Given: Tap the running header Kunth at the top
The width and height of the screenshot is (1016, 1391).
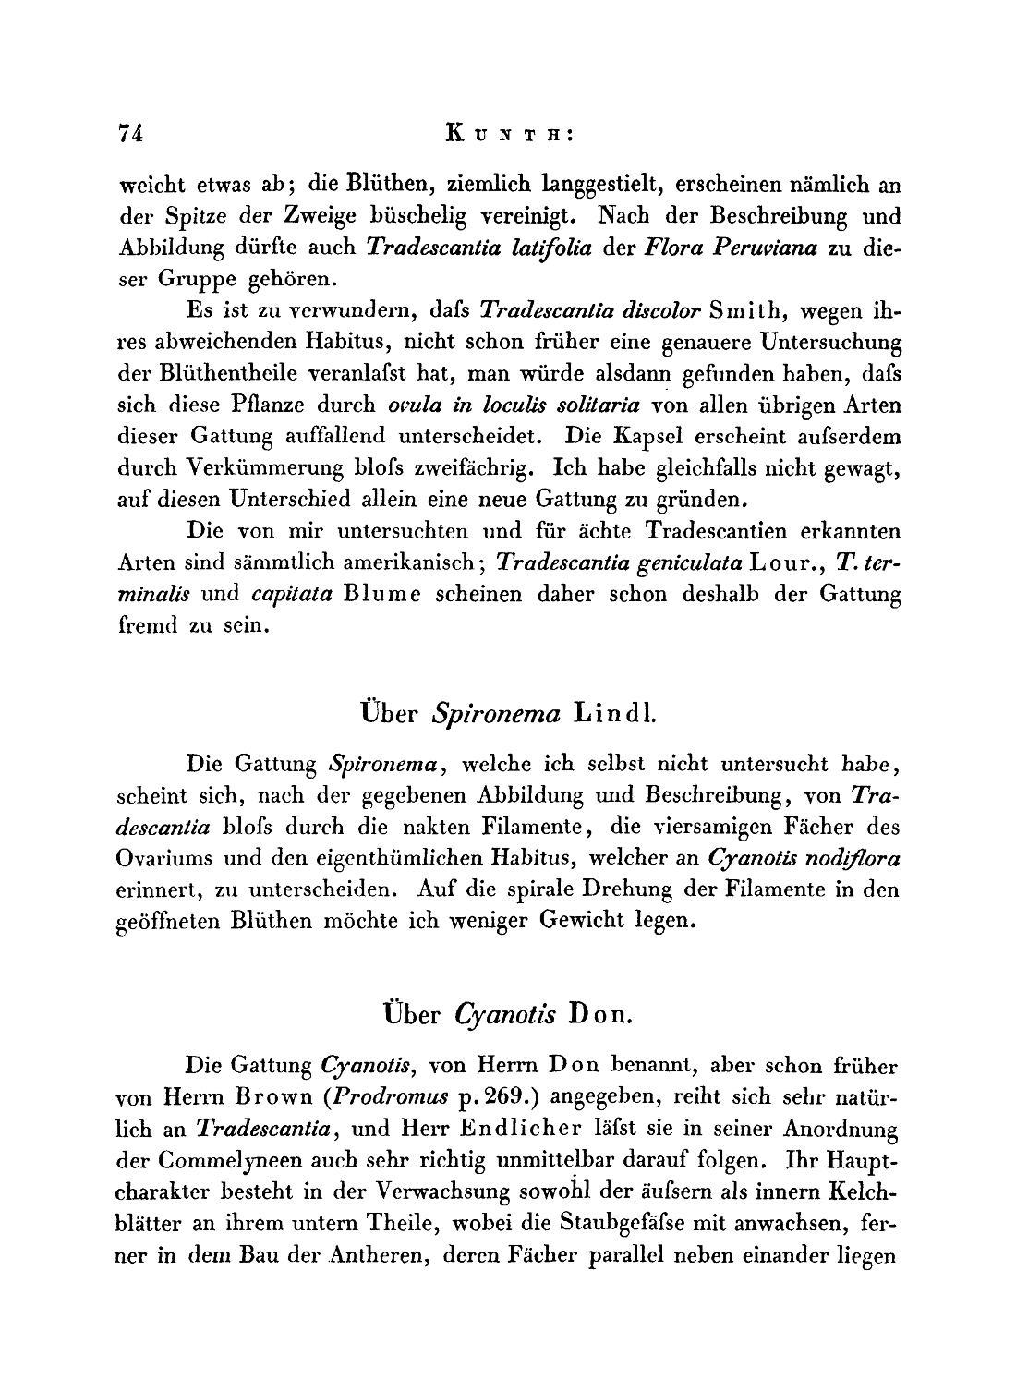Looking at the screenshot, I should pos(511,134).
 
